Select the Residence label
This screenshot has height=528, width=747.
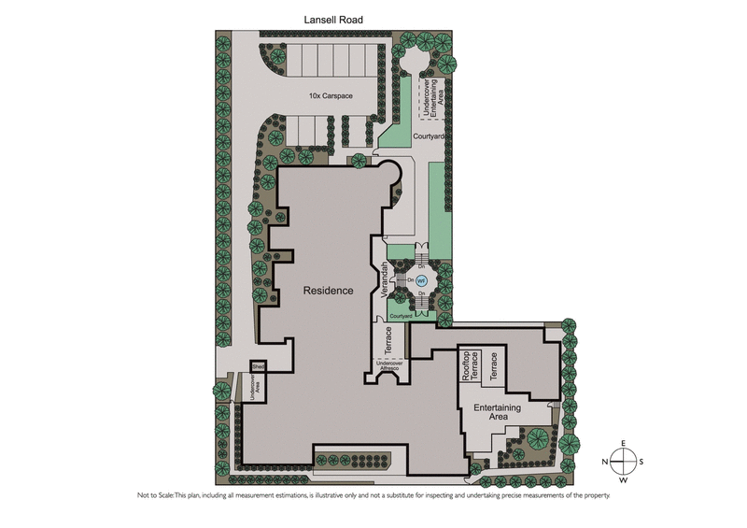coord(329,291)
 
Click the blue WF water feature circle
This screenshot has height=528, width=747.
coord(420,280)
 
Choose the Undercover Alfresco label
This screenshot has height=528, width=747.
coord(392,365)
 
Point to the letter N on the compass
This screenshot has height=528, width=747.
coord(605,462)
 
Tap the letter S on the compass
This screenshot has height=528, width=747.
coord(641,462)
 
